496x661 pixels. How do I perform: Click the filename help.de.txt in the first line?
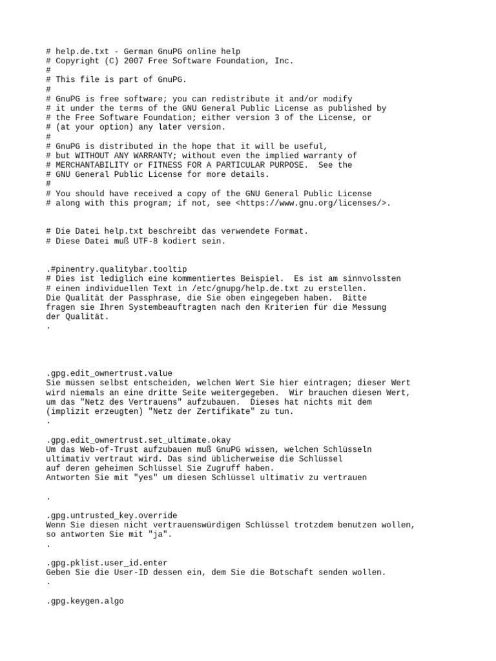pyautogui.click(x=81, y=52)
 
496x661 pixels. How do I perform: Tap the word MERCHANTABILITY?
pyautogui.click(x=91, y=165)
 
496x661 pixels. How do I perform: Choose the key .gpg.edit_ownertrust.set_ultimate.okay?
pyautogui.click(x=138, y=440)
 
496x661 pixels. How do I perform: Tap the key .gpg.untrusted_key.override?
pyautogui.click(x=112, y=516)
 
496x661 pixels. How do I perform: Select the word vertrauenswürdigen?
pyautogui.click(x=196, y=525)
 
